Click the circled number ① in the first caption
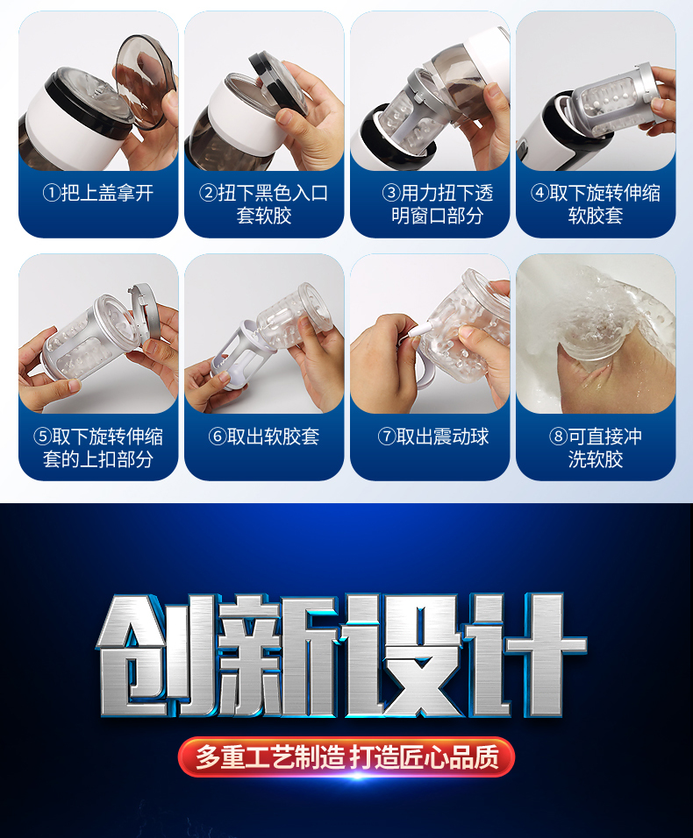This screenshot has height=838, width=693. (52, 193)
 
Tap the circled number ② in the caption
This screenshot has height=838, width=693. (209, 193)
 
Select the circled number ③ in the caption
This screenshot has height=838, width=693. (391, 193)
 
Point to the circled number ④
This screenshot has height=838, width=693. (539, 193)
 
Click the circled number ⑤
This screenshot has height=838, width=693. (42, 437)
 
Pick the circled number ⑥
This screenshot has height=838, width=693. (218, 437)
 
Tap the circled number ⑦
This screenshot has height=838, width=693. (387, 437)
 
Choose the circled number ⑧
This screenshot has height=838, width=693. (558, 437)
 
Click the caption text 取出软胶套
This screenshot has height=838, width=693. (273, 437)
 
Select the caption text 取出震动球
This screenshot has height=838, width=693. (442, 437)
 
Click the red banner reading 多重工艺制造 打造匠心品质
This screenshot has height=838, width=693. (346, 757)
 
